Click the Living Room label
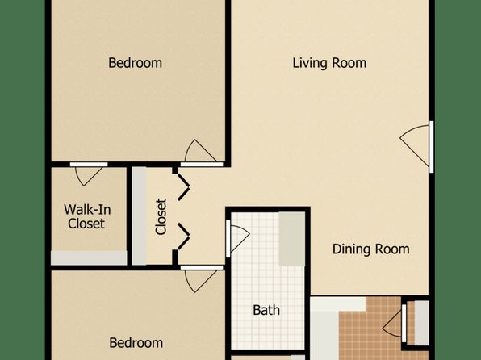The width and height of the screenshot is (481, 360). [x=329, y=63]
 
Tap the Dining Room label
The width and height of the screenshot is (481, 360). [x=371, y=249]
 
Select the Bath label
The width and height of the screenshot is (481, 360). [x=266, y=310]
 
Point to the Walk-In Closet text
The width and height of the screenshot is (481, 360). [x=87, y=216]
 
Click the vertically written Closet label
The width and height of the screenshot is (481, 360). [x=161, y=216]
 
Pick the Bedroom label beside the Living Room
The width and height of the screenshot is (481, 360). [x=135, y=63]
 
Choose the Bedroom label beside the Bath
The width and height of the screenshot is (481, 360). [x=136, y=343]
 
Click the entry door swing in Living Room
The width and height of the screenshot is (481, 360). [x=414, y=145]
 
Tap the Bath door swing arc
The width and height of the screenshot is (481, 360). [x=240, y=239]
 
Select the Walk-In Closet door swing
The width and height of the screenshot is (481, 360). [x=88, y=176]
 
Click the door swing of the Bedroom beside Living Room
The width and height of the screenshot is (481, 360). [x=200, y=151]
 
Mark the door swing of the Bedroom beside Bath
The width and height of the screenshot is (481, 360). [x=200, y=281]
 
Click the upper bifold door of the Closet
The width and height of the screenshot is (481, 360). [x=184, y=187]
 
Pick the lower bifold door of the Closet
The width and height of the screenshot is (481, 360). [x=184, y=237]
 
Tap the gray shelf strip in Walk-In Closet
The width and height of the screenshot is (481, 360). [x=89, y=257]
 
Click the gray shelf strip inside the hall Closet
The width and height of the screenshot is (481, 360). [x=140, y=216]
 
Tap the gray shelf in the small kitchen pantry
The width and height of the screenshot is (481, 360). [x=421, y=323]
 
